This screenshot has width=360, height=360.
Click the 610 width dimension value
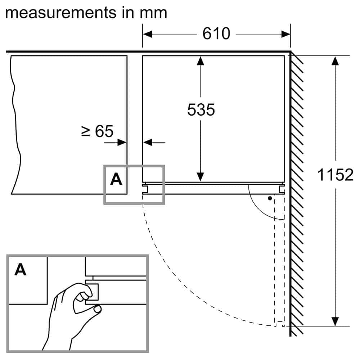[x=216, y=34]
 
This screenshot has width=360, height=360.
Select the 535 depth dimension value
[x=201, y=109]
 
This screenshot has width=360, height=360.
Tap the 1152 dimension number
[x=336, y=175]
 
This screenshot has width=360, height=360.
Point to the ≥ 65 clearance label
[x=97, y=131]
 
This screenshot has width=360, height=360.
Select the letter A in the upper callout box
[x=116, y=179]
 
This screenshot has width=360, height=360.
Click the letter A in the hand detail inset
[x=21, y=270]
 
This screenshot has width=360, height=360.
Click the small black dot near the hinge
[x=270, y=198]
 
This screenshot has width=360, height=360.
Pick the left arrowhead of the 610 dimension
[x=148, y=34]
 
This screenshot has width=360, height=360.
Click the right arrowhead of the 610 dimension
[x=285, y=34]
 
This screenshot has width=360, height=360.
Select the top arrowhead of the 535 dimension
[x=201, y=61]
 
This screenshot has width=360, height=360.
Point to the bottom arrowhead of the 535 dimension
[x=201, y=177]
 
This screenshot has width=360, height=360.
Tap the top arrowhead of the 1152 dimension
[x=335, y=61]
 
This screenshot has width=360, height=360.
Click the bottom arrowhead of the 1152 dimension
[x=335, y=321]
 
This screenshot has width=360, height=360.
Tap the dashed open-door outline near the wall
[x=279, y=259]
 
